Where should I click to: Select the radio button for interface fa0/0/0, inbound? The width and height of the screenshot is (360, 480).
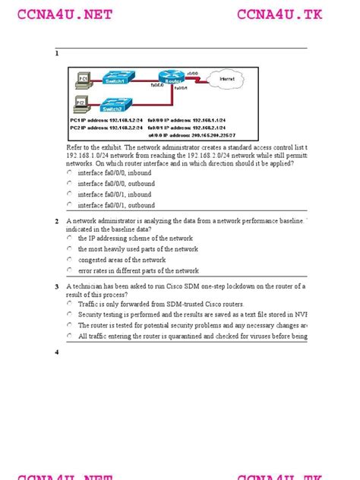(69, 172)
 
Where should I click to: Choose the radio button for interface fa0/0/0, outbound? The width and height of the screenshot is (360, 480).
(69, 183)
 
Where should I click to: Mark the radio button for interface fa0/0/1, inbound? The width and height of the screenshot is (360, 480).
(69, 194)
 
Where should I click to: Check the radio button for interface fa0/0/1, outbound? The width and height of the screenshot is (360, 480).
(69, 204)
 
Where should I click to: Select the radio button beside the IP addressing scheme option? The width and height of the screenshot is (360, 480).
(69, 238)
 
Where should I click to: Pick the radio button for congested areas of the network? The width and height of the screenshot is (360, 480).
(69, 259)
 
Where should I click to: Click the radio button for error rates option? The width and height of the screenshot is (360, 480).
(69, 270)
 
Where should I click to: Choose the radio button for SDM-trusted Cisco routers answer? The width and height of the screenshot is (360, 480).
(69, 302)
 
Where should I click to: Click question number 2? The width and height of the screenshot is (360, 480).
(56, 222)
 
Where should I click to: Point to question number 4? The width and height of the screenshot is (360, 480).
(56, 352)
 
